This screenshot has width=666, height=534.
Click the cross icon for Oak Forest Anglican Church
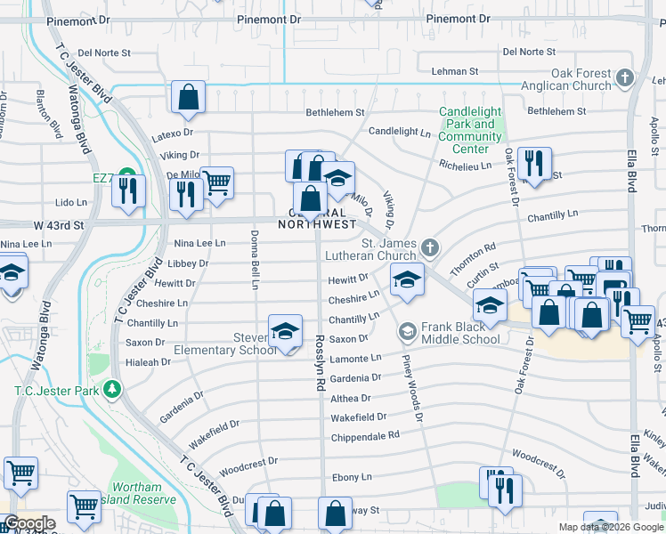tap(625, 78)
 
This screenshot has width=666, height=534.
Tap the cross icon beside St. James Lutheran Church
tap(430, 247)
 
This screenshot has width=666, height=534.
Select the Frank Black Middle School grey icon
tap(408, 332)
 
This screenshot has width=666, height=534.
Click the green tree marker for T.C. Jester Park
tap(112, 390)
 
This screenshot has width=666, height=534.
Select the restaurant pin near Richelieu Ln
tap(535, 164)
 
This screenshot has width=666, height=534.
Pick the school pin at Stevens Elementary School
tap(285, 332)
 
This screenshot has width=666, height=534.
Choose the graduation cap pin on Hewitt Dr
tap(406, 281)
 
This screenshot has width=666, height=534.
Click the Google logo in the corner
tap(28, 524)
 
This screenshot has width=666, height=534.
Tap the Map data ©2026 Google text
tap(611, 527)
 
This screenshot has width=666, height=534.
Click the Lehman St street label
tap(454, 71)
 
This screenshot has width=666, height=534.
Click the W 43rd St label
tap(59, 226)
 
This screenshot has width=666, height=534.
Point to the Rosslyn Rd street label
tap(319, 362)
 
